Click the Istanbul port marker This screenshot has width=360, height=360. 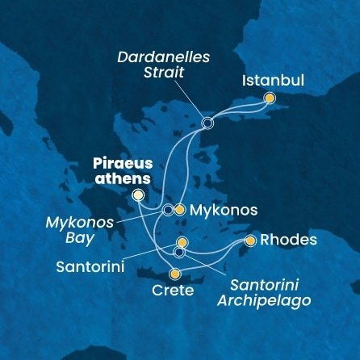[x=270, y=98]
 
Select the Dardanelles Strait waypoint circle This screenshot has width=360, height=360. [x=207, y=123]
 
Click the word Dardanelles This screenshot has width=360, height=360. [x=162, y=58]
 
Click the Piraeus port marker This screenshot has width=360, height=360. [x=139, y=195]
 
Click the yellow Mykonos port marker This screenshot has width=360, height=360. [x=180, y=210]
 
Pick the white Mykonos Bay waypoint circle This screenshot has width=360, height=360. [x=167, y=210]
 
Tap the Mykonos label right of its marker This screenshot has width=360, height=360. [x=226, y=211]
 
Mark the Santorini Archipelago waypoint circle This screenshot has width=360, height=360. [x=179, y=252]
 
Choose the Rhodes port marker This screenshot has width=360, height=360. [x=250, y=241]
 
